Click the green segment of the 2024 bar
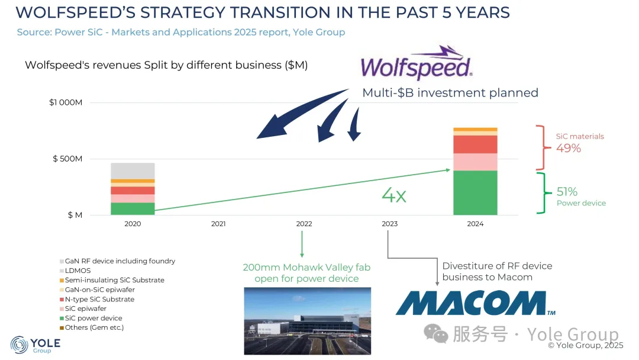(x=475, y=192)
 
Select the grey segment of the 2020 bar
(x=133, y=171)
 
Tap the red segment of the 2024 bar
(x=475, y=144)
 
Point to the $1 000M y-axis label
(x=66, y=102)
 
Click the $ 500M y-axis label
(x=67, y=159)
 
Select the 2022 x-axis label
(x=304, y=224)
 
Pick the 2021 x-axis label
(x=218, y=224)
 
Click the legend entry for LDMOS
(x=75, y=271)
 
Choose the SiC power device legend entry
(x=91, y=318)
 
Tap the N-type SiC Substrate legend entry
(x=97, y=299)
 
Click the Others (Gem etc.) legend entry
(x=92, y=327)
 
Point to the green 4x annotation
(x=394, y=195)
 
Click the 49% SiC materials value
(x=569, y=148)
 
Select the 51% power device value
(x=567, y=192)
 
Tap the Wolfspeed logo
(x=417, y=63)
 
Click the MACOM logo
(x=475, y=303)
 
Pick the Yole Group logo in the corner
(x=35, y=345)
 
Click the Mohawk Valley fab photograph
(x=307, y=321)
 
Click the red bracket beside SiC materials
(x=542, y=147)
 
